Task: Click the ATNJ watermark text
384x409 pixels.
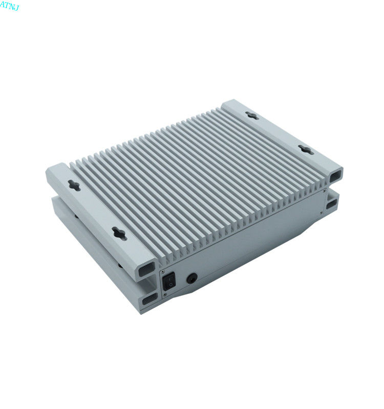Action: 9,6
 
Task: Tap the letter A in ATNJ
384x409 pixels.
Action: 2,4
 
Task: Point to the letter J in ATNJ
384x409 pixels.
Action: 16,8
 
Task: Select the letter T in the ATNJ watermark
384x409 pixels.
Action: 7,5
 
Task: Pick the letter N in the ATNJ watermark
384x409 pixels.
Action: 11,6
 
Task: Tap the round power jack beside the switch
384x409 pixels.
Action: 192,279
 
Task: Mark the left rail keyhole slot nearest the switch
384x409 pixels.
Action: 119,233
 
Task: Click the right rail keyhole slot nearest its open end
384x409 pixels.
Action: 305,149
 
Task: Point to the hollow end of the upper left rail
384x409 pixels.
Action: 148,267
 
